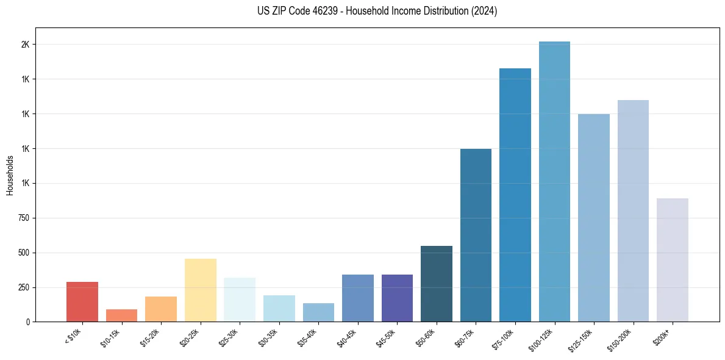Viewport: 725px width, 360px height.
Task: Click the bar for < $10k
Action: point(82,301)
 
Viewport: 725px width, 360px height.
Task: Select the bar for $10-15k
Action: point(121,315)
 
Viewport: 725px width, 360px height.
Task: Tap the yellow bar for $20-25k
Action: point(200,290)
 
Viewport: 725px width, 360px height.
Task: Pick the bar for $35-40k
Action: point(318,312)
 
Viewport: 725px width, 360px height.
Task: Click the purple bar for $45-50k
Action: point(397,298)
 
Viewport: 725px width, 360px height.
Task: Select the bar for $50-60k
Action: point(437,284)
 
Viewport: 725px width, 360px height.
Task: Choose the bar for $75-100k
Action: point(515,195)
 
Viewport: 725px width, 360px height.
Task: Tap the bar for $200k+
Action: point(673,260)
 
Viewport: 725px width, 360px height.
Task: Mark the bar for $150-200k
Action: point(633,211)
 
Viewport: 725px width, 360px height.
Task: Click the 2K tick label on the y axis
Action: point(25,45)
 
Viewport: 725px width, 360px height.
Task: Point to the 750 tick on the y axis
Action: point(23,218)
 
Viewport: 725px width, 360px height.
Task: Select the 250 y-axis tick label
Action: point(23,287)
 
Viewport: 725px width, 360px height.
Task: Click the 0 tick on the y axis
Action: point(27,322)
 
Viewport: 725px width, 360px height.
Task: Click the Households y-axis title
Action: point(10,175)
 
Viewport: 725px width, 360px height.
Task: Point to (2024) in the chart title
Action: point(483,11)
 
